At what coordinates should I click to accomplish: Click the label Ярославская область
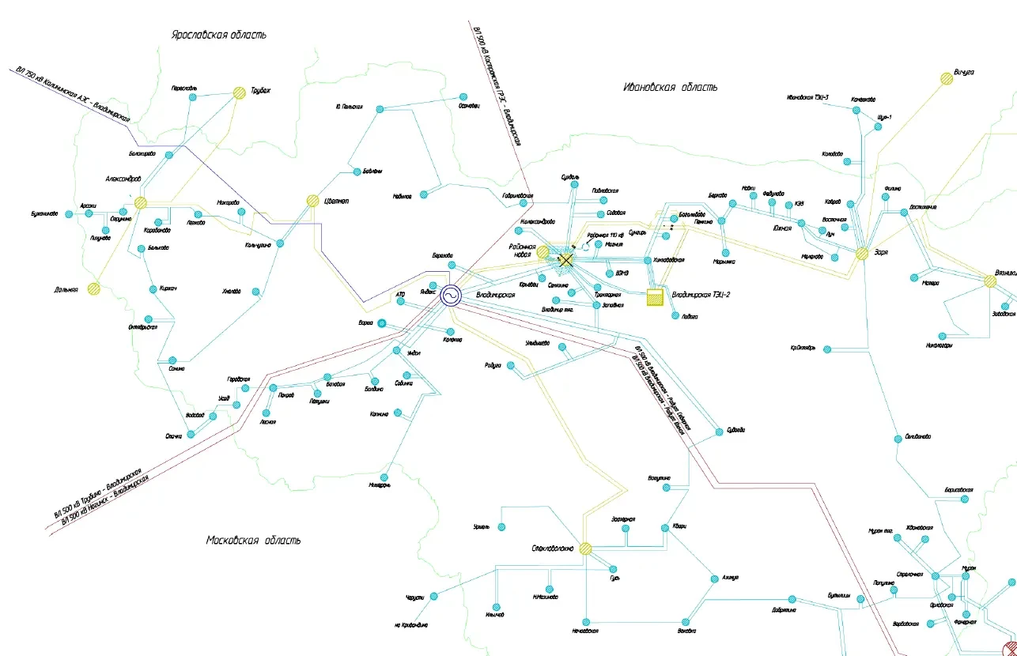point(219,35)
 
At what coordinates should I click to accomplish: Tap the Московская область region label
point(253,541)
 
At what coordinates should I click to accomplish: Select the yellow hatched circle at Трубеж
point(240,92)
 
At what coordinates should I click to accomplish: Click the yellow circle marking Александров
point(141,202)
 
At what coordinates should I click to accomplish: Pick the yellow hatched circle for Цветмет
point(313,201)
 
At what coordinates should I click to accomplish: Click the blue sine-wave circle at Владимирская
point(452,295)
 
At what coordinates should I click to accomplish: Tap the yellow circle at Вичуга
point(946,77)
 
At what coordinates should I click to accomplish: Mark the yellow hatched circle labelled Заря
point(862,254)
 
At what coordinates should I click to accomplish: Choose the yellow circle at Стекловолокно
point(585,548)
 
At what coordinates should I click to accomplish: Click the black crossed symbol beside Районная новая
point(566,257)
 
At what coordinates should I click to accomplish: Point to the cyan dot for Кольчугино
point(279,243)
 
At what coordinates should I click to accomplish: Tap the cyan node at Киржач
point(151,288)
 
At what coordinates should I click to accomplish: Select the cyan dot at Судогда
point(719,431)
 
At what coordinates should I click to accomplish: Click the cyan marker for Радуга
point(511,365)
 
